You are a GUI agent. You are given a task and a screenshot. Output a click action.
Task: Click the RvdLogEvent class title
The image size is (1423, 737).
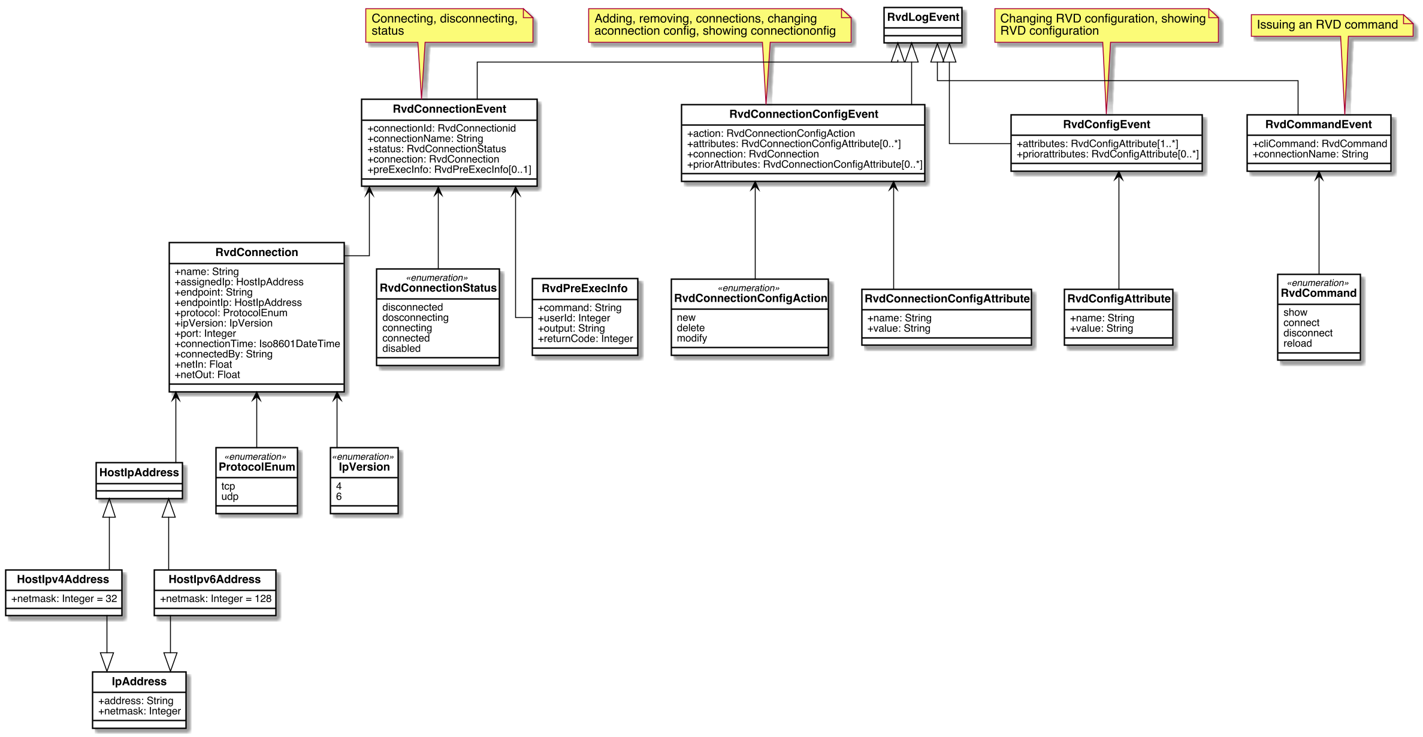click(923, 17)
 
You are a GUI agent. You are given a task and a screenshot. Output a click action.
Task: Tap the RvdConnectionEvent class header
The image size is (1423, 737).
click(449, 109)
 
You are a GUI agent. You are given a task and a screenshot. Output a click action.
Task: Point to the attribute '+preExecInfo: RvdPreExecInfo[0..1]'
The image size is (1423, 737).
click(449, 170)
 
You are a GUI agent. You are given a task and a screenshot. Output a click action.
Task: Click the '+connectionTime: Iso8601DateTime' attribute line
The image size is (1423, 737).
click(257, 344)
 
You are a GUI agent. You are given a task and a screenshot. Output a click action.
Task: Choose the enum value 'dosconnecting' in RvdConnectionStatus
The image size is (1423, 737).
click(415, 318)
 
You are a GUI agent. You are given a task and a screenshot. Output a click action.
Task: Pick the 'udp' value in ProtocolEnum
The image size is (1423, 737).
click(229, 497)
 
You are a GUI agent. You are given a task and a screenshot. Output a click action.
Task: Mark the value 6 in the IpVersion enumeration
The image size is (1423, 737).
click(339, 497)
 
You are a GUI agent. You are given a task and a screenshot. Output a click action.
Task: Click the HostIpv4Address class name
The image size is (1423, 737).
click(63, 579)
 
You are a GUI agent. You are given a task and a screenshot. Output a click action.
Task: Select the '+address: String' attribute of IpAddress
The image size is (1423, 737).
click(136, 701)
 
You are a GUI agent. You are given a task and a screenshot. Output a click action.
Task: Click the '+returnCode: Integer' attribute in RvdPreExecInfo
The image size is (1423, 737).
click(585, 339)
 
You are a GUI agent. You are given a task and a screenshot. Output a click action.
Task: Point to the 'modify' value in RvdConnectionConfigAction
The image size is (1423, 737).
click(692, 338)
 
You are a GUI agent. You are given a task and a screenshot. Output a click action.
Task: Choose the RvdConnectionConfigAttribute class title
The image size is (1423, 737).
click(947, 299)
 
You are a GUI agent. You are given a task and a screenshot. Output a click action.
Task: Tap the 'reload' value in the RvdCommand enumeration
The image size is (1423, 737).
click(1297, 344)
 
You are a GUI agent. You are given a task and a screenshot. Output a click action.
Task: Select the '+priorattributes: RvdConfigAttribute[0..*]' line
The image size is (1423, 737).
click(1107, 154)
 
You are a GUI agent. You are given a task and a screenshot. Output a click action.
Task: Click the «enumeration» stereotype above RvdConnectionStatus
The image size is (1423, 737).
click(437, 278)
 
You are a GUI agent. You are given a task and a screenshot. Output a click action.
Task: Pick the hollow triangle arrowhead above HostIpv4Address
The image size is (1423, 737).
click(109, 508)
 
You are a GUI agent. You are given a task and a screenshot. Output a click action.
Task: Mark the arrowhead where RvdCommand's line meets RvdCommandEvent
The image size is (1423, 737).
click(1318, 176)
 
